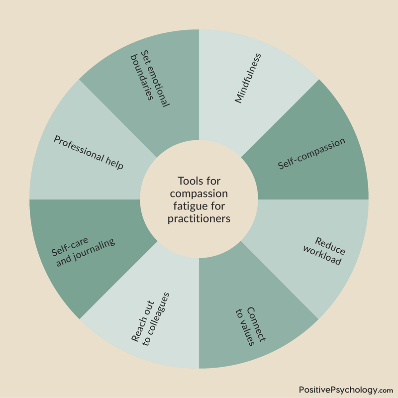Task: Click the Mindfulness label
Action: [x=248, y=78]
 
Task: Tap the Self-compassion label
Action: [x=311, y=154]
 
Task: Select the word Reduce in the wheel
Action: [x=330, y=246]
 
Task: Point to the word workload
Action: [x=322, y=255]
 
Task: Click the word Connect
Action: [x=256, y=324]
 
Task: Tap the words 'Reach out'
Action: [x=143, y=321]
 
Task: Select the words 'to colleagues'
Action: [x=156, y=319]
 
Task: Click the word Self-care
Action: [x=70, y=246]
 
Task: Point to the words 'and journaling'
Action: [x=86, y=253]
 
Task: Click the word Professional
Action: [x=79, y=148]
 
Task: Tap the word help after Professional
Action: [x=114, y=163]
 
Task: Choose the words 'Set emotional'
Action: [x=155, y=79]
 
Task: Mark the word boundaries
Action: [x=142, y=77]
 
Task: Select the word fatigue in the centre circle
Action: [x=188, y=206]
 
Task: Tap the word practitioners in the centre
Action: [x=199, y=218]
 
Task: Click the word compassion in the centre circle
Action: [x=199, y=194]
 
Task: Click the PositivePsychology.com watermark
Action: [x=346, y=390]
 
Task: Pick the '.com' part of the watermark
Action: [x=386, y=391]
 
